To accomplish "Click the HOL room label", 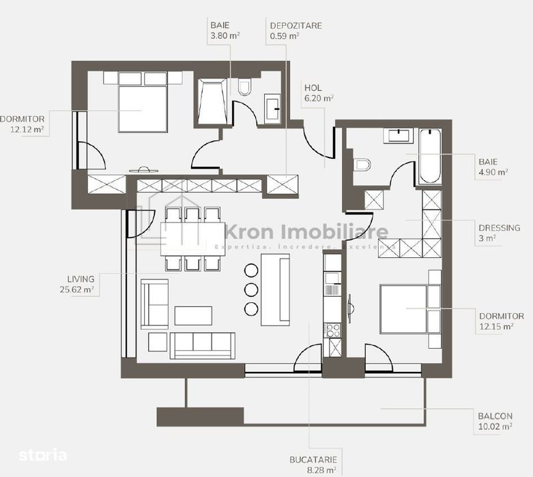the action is [313, 88].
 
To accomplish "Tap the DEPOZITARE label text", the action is [296, 26].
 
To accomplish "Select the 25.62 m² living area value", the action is [77, 289].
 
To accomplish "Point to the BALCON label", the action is [495, 416].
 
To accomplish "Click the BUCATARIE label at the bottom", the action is [313, 460].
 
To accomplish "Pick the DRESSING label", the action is [499, 228].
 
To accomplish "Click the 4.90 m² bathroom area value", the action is [493, 172].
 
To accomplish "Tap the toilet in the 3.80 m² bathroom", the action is [244, 87].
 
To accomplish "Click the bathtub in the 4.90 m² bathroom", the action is [430, 156].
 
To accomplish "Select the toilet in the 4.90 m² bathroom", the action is [362, 165].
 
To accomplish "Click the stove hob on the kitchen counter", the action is [333, 330].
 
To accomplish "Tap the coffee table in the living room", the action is [193, 316].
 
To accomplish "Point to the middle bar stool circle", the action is [251, 289].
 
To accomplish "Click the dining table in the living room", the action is [193, 239].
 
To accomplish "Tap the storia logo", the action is [43, 455].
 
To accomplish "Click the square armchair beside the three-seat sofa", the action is [158, 342].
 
